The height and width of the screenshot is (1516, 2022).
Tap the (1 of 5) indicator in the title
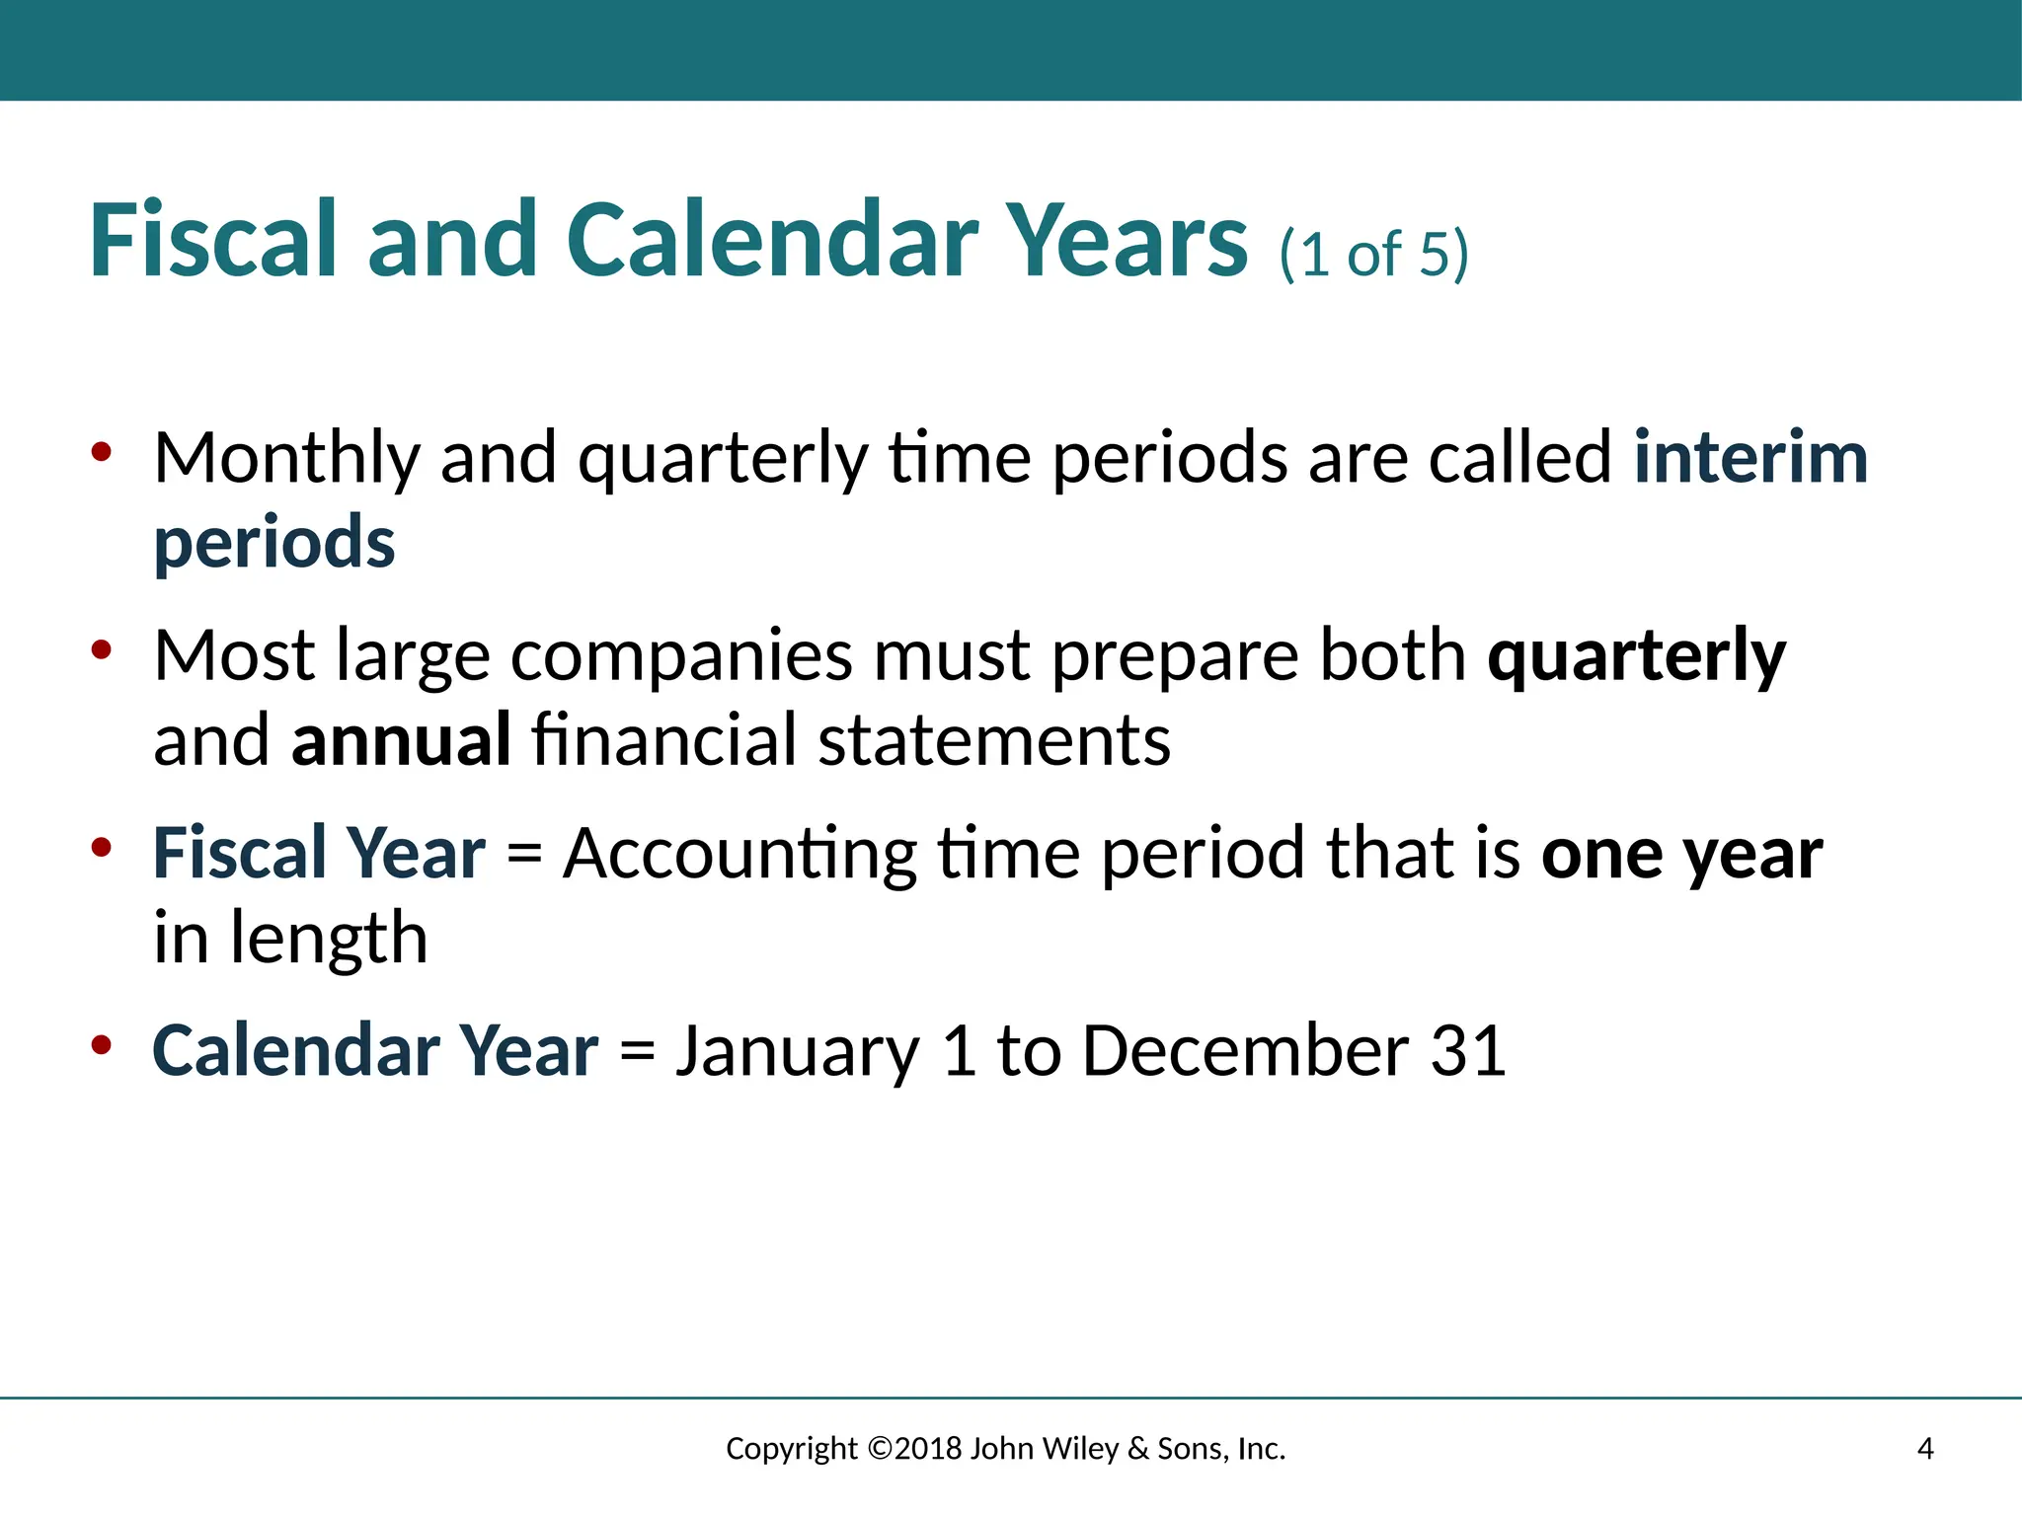[1373, 255]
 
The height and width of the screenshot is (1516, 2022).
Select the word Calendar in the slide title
[771, 240]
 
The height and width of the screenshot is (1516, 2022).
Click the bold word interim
[1750, 458]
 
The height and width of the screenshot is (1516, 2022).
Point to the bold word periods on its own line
[274, 544]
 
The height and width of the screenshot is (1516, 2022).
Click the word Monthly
[286, 460]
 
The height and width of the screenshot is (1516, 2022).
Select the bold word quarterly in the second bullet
[1636, 657]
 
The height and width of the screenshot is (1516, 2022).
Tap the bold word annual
[401, 740]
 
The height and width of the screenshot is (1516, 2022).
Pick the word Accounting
[739, 855]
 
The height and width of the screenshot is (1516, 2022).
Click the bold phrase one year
[1681, 855]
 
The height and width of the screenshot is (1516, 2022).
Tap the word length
[329, 940]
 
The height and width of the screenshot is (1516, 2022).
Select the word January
[797, 1052]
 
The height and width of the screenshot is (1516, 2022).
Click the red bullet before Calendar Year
[102, 1045]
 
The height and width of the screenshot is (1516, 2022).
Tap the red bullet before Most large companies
[102, 649]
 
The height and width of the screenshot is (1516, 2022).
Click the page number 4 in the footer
[1924, 1449]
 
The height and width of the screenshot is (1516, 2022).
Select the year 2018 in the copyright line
[929, 1449]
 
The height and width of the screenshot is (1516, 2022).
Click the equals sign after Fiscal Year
[524, 855]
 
